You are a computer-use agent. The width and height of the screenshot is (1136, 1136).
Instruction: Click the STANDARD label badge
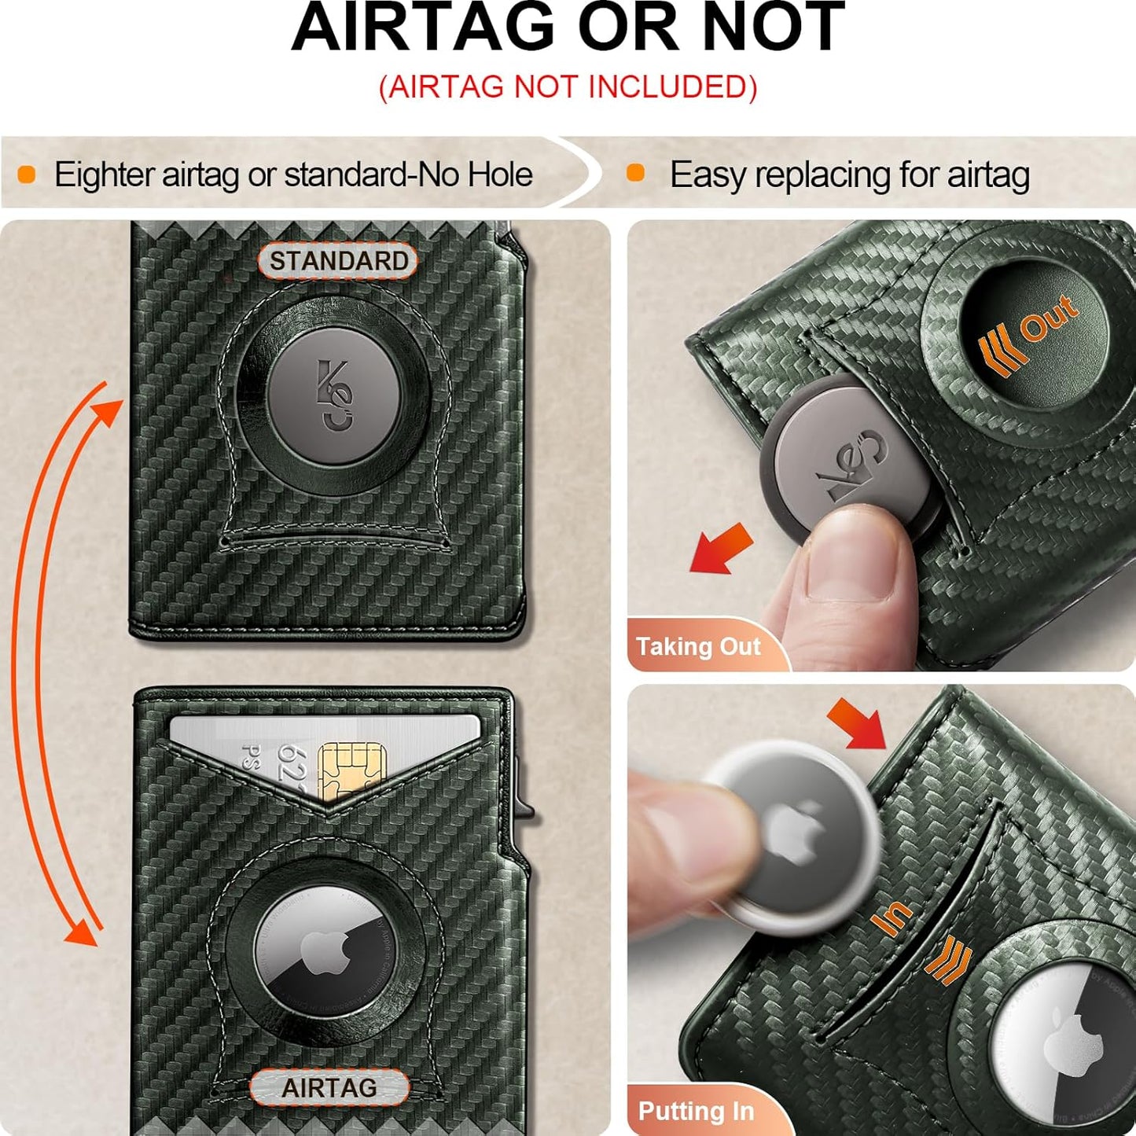[x=338, y=261]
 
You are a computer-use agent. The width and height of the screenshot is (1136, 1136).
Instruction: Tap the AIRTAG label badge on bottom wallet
[x=329, y=1088]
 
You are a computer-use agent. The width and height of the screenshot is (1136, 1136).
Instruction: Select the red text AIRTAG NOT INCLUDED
[x=568, y=87]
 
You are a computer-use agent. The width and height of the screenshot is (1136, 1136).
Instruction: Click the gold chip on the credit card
[x=351, y=770]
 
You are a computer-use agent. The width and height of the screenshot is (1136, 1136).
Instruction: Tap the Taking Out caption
[x=698, y=646]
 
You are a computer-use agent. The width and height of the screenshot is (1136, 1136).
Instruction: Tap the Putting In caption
[x=696, y=1111]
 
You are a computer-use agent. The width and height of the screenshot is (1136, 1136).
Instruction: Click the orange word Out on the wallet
[x=1049, y=318]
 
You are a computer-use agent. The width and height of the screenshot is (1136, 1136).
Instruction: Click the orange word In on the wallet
[x=892, y=917]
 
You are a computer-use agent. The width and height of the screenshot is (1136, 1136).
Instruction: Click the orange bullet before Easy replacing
[x=635, y=174]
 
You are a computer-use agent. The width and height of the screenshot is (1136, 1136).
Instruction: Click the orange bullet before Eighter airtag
[x=27, y=175]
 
